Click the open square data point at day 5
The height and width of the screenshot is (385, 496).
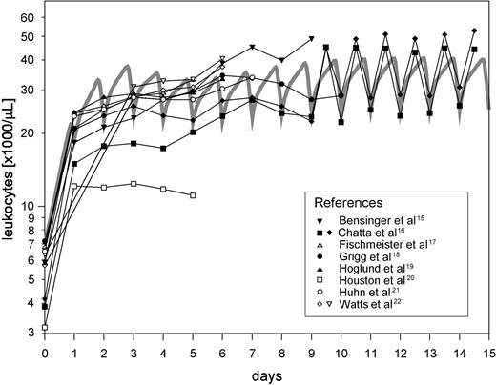click(194, 195)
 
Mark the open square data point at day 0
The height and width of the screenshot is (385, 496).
click(45, 327)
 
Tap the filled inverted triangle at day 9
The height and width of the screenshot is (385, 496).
click(312, 39)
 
